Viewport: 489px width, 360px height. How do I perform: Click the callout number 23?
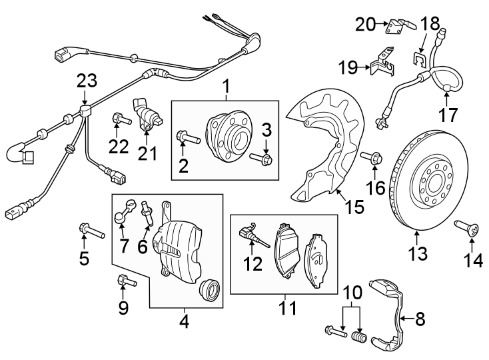click(x=87, y=81)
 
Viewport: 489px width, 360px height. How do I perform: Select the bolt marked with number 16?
click(x=372, y=158)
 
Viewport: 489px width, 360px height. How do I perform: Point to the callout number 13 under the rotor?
click(x=417, y=253)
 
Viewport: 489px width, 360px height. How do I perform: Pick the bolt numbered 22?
click(x=119, y=121)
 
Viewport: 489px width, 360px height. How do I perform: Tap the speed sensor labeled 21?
click(x=149, y=115)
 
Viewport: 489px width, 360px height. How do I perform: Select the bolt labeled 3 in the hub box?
click(x=262, y=159)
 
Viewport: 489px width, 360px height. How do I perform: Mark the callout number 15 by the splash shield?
click(x=354, y=207)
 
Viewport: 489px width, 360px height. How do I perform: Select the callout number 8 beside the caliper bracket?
click(x=420, y=319)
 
